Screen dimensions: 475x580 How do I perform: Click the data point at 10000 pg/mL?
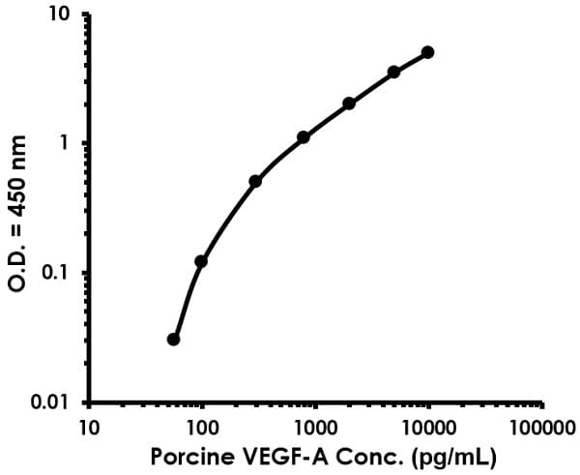click(x=427, y=52)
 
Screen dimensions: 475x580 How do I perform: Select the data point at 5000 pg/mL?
click(x=393, y=73)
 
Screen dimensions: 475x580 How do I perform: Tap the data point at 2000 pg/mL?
click(x=349, y=104)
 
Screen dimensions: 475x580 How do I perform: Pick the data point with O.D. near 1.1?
click(x=304, y=137)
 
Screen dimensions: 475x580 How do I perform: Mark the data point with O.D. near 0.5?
click(x=255, y=181)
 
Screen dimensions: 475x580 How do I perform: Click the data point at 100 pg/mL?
click(x=201, y=261)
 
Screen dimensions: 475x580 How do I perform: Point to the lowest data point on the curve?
click(x=173, y=340)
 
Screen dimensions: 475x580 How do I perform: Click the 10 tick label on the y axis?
click(x=60, y=15)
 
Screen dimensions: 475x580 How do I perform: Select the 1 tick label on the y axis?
click(x=65, y=144)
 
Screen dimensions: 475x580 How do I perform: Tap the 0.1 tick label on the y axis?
click(x=56, y=274)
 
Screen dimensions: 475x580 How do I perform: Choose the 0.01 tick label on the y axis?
click(x=50, y=402)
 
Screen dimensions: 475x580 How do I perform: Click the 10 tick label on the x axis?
click(x=89, y=426)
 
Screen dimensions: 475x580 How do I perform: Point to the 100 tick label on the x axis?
click(x=202, y=426)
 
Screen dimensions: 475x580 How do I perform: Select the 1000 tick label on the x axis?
click(x=315, y=426)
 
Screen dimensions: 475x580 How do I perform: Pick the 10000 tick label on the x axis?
click(x=428, y=426)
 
